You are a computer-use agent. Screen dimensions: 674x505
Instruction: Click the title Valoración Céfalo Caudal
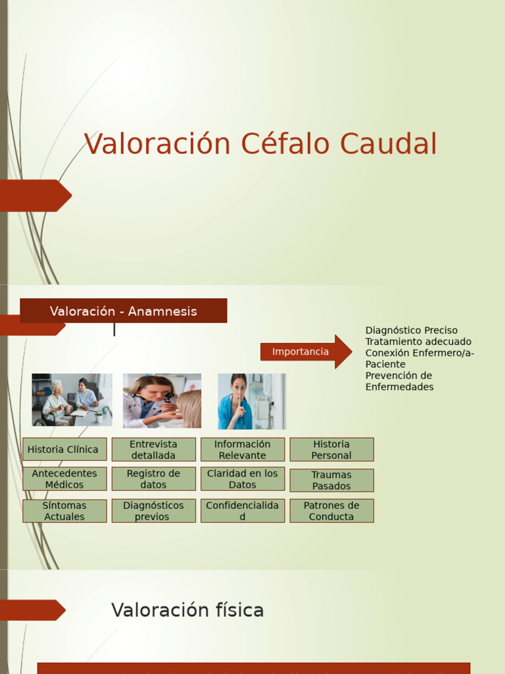[260, 144]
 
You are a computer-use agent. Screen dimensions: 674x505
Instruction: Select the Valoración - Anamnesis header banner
[124, 311]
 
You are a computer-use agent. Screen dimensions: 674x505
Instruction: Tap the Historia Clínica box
[64, 450]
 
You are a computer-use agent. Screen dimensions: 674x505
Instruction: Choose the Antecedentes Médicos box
[64, 479]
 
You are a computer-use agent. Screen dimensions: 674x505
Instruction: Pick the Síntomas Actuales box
[64, 511]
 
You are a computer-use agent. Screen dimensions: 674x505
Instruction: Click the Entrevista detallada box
[153, 450]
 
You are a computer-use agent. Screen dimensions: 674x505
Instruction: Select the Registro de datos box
[153, 479]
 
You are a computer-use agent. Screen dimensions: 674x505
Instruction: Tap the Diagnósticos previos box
[153, 511]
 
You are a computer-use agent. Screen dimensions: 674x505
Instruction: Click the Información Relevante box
[242, 450]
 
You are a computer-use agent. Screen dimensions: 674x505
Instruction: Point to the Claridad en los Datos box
[242, 479]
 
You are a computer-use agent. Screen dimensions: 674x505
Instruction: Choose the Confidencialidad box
[242, 511]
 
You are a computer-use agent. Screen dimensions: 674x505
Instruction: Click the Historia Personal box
[331, 450]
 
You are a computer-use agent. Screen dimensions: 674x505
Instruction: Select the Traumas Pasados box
[331, 480]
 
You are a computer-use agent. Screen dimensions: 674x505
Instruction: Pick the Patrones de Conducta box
[331, 511]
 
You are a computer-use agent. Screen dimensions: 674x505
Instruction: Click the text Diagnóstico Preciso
[411, 330]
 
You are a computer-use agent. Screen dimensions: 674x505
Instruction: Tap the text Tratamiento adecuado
[418, 342]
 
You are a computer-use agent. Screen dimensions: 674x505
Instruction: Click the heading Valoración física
[187, 610]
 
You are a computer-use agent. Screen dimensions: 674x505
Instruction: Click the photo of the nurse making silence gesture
[251, 401]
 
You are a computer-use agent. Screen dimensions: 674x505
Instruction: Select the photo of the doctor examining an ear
[162, 401]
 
